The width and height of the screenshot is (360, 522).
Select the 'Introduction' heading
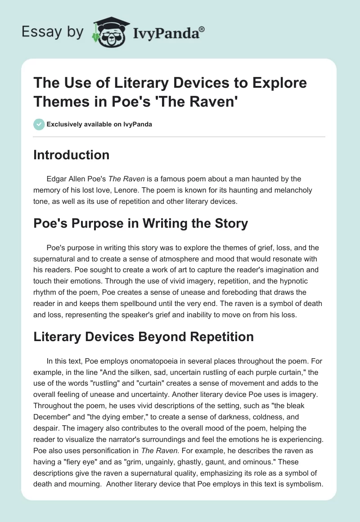(x=72, y=155)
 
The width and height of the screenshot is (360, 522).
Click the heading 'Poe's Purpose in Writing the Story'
(x=140, y=224)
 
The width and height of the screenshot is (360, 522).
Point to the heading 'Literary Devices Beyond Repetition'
(x=144, y=336)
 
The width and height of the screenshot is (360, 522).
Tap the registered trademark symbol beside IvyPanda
(x=202, y=29)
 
